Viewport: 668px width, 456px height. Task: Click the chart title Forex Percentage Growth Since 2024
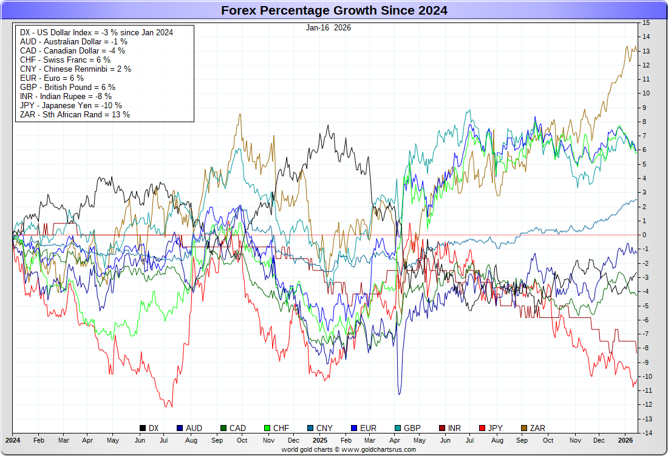tap(334, 10)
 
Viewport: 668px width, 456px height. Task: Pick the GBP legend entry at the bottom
tap(406, 428)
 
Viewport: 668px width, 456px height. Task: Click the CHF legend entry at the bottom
tap(276, 428)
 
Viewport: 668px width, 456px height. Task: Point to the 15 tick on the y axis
tap(646, 22)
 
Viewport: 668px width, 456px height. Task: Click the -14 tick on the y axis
tap(646, 433)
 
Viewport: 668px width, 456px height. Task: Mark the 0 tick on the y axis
tap(644, 235)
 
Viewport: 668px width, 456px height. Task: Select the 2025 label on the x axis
tap(320, 439)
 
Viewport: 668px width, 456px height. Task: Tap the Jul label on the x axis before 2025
tap(165, 439)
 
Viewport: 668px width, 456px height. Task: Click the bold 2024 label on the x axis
tap(13, 439)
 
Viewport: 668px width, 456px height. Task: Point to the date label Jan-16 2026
tap(328, 27)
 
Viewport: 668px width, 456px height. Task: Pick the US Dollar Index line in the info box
tap(96, 32)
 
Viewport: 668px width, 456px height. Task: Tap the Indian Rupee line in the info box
tap(66, 96)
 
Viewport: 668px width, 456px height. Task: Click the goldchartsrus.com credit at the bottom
tap(349, 449)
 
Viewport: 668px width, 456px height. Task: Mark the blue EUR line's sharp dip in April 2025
tap(399, 394)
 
